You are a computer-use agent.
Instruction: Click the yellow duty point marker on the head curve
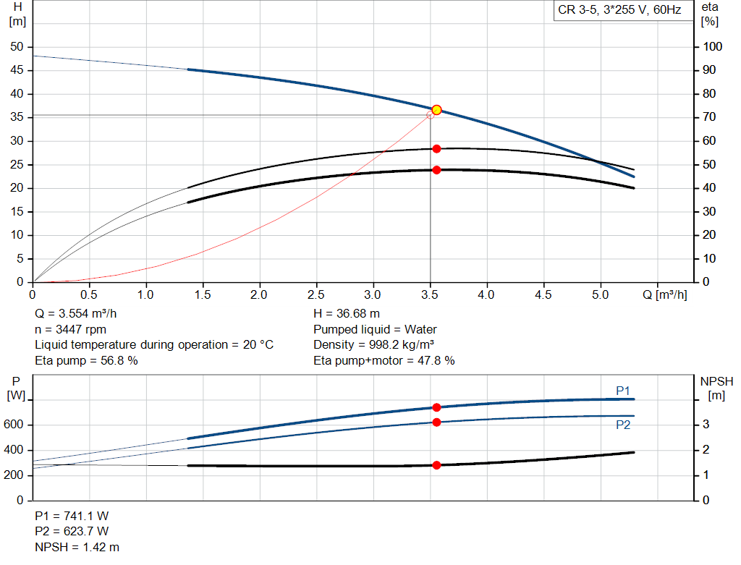pyautogui.click(x=436, y=110)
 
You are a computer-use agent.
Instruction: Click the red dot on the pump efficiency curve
pyautogui.click(x=436, y=148)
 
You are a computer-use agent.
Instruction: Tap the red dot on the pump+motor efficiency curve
pyautogui.click(x=436, y=170)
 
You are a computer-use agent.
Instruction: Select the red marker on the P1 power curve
pyautogui.click(x=436, y=407)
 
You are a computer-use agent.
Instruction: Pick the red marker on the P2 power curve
pyautogui.click(x=436, y=422)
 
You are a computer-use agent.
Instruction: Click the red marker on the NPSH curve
pyautogui.click(x=436, y=465)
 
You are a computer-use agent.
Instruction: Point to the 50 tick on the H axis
pyautogui.click(x=17, y=47)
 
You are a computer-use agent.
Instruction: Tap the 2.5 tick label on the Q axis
pyautogui.click(x=316, y=295)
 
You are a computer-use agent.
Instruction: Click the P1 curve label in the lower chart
pyautogui.click(x=623, y=391)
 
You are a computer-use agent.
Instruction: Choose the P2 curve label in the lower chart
pyautogui.click(x=623, y=425)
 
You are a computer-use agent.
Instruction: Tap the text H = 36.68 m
pyautogui.click(x=347, y=313)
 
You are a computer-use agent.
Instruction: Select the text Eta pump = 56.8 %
pyautogui.click(x=86, y=360)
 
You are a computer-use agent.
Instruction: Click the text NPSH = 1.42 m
pyautogui.click(x=77, y=548)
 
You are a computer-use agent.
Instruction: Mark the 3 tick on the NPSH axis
pyautogui.click(x=706, y=425)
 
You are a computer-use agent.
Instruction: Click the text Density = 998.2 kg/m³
pyautogui.click(x=374, y=344)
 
